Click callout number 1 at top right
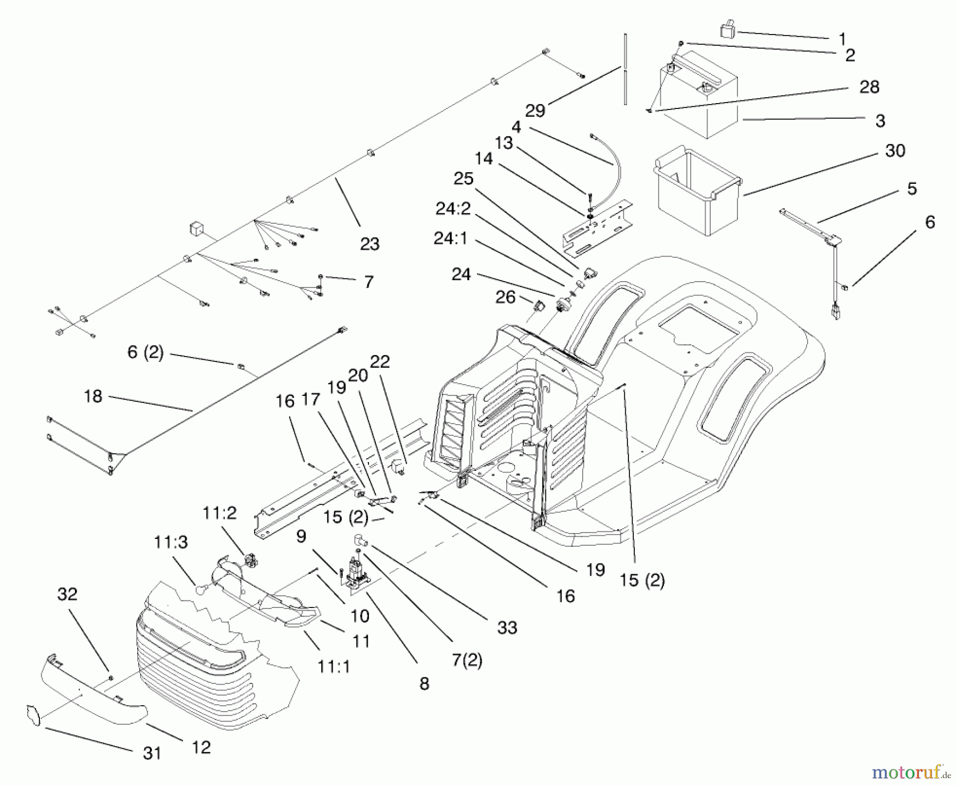click(842, 39)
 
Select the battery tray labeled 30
click(696, 191)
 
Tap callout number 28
click(869, 87)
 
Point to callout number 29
click(535, 111)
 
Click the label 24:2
click(453, 209)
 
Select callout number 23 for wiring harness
click(370, 244)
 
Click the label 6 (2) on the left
click(145, 352)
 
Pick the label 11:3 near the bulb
click(171, 543)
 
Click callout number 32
click(67, 594)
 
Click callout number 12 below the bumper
click(201, 748)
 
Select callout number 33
click(507, 628)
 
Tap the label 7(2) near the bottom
click(467, 660)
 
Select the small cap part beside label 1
click(727, 29)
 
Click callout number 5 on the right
click(912, 189)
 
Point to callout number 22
click(380, 362)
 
